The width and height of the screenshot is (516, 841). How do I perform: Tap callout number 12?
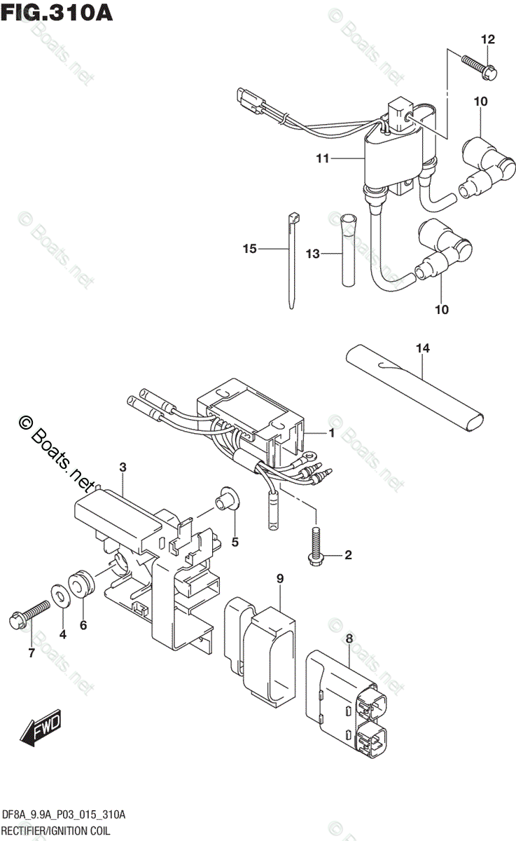[487, 39]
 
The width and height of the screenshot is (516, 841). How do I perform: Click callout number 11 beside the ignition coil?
[322, 159]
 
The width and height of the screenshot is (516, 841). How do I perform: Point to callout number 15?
[250, 249]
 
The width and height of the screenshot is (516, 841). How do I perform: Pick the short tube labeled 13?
[347, 259]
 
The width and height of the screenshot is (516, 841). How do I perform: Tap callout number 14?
[422, 348]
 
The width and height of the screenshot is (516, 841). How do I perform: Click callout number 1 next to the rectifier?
[331, 434]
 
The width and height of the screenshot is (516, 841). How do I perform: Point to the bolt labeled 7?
[28, 614]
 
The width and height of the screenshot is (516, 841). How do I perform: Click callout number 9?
[279, 579]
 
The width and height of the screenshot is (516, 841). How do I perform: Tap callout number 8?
[349, 638]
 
